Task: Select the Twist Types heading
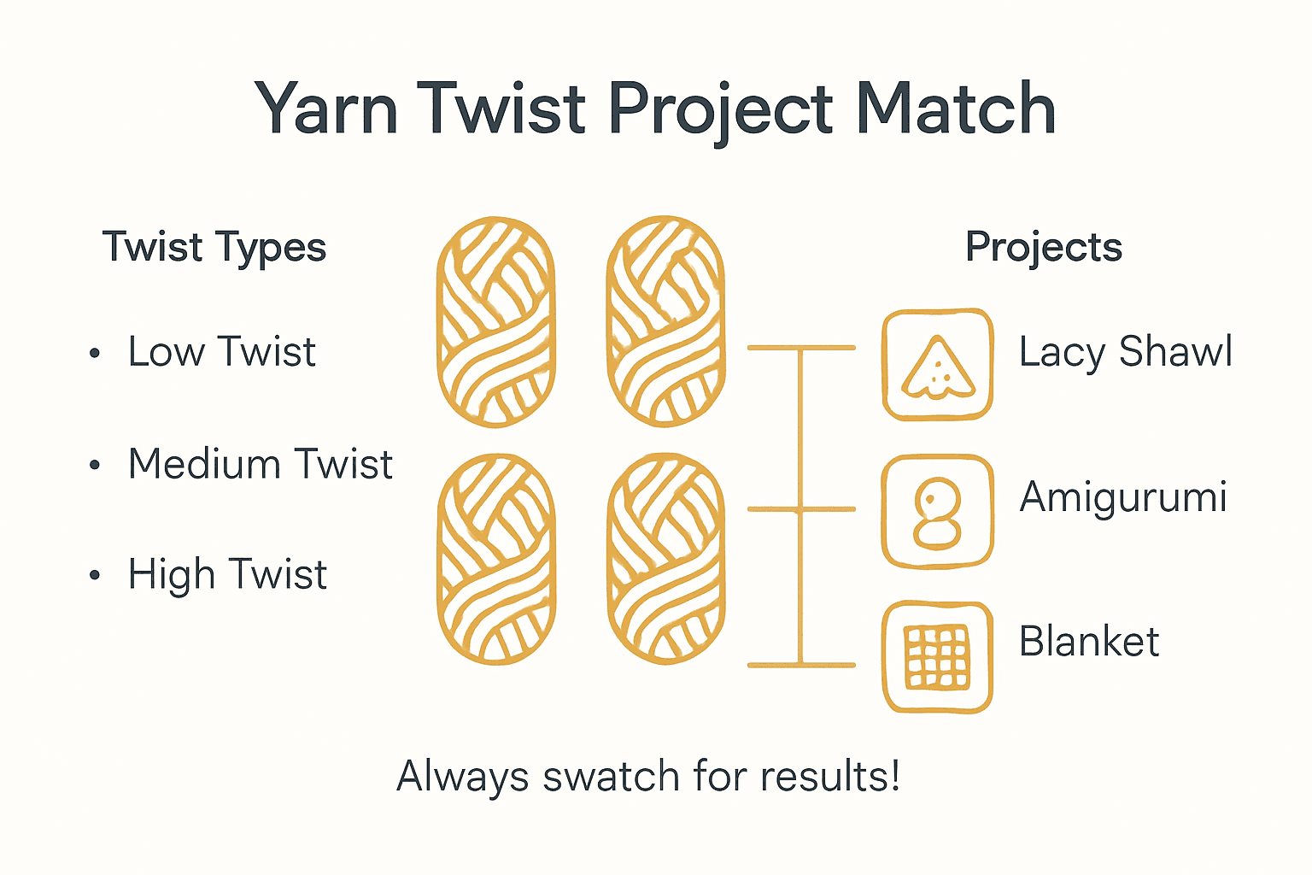point(214,248)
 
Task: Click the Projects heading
point(1043,248)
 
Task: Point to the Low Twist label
point(221,352)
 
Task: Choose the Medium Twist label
point(260,465)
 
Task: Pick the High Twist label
point(227,574)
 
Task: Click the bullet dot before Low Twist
point(95,354)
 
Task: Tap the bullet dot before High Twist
point(95,576)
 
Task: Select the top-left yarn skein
point(495,322)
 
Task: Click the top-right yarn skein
point(665,322)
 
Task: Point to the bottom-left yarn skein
point(495,560)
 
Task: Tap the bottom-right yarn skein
point(665,560)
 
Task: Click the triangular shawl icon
point(937,365)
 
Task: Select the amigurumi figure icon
point(937,512)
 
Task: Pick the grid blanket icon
point(937,657)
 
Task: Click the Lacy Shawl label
point(1125,352)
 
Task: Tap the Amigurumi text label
point(1123,497)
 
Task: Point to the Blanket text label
point(1089,642)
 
